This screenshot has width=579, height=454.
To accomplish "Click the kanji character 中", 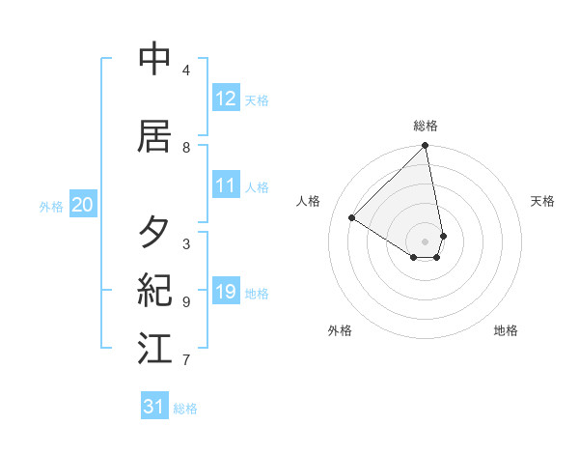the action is [x=154, y=60].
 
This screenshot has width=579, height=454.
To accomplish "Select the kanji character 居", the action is [x=154, y=136].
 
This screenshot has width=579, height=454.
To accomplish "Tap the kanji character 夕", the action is [x=154, y=232].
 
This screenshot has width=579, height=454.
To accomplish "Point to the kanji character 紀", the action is [x=154, y=290].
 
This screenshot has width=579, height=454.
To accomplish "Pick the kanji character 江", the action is [x=154, y=348].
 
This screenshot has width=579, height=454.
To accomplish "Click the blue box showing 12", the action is [x=226, y=99].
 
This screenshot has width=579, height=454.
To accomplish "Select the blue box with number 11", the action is [x=226, y=185].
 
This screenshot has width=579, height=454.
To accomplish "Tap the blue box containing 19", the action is [x=226, y=292].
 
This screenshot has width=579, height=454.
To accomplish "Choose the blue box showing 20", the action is [x=83, y=205].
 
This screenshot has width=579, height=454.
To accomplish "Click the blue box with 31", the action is [x=154, y=407].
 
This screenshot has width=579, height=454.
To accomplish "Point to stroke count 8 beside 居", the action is [x=186, y=148].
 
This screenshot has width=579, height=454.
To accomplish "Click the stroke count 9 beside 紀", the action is [x=186, y=302].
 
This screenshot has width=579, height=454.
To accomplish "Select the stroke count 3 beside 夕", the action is [x=186, y=244].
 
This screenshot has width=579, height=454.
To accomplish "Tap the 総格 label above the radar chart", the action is [x=426, y=126].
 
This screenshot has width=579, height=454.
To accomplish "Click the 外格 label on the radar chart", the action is [x=340, y=330].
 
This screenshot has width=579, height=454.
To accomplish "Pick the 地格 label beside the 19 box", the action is [x=258, y=294].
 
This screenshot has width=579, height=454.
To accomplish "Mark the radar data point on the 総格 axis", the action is [x=426, y=146].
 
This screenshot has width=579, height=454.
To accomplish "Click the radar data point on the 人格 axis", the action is [x=352, y=217].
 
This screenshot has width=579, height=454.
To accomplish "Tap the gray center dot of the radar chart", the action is [x=426, y=241].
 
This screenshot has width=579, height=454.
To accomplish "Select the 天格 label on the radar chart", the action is [x=543, y=201].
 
